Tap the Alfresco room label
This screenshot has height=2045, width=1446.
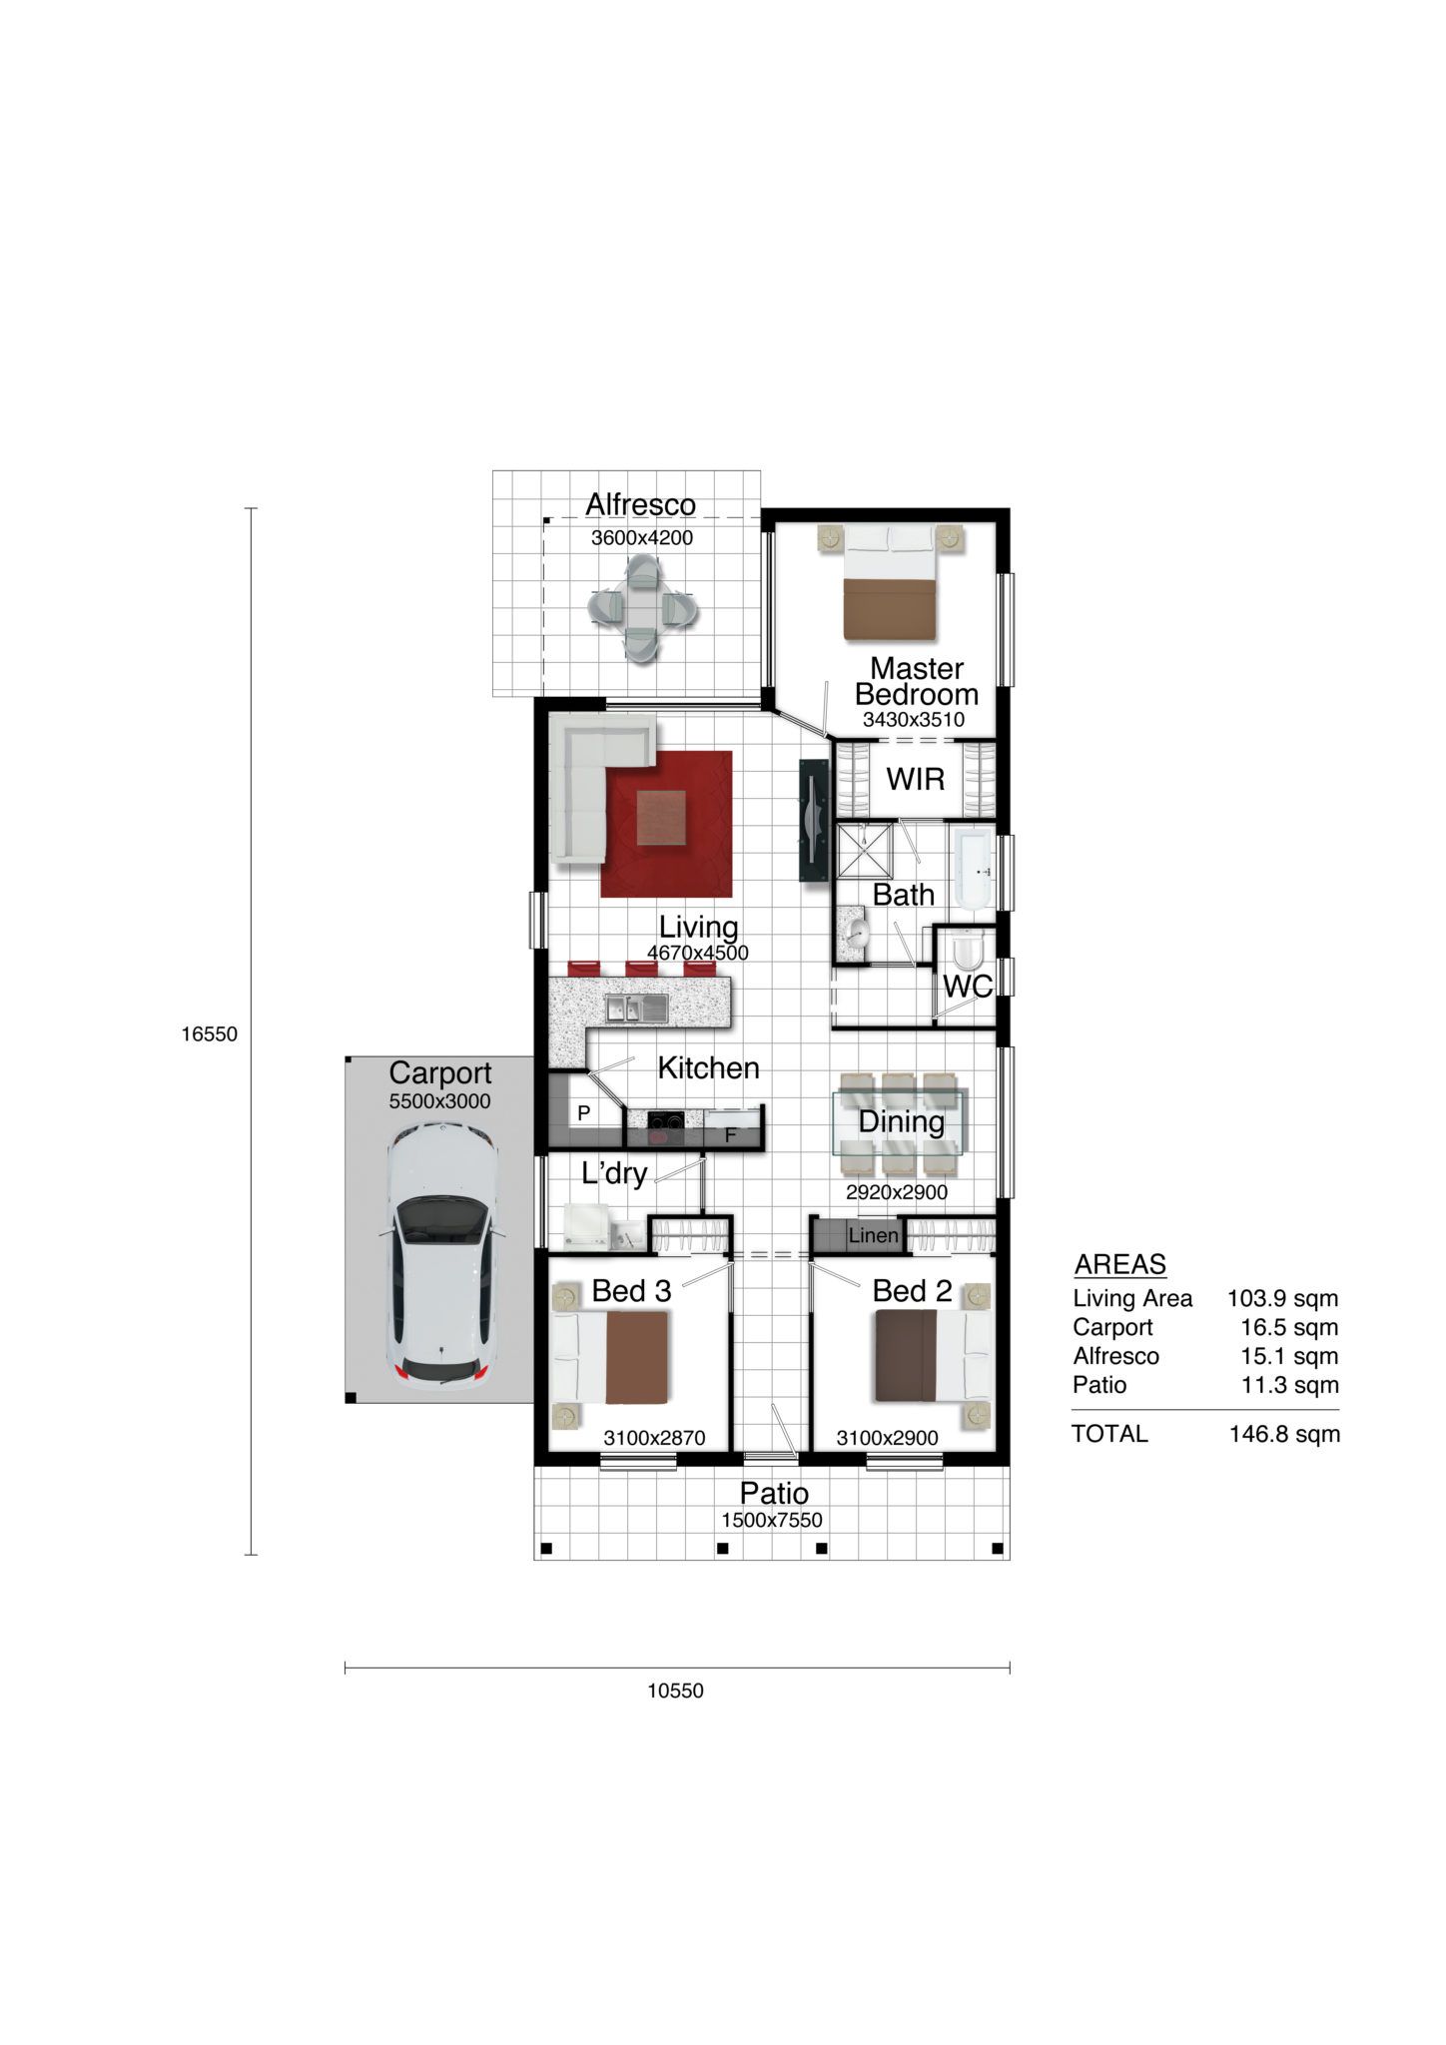pos(640,505)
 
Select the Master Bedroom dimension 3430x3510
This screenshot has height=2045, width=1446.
pos(914,720)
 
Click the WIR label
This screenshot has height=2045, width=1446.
pos(916,779)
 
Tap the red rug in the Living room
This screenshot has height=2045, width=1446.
pos(666,824)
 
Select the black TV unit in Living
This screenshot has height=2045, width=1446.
pos(814,820)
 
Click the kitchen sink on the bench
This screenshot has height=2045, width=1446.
pos(636,1010)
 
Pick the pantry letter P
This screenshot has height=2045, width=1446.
pos(584,1112)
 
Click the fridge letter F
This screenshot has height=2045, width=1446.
pos(730,1135)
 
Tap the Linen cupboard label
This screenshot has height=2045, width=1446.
pos(874,1236)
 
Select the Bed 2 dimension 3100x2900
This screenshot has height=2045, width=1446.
pos(888,1439)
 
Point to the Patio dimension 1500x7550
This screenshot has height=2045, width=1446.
pos(772,1521)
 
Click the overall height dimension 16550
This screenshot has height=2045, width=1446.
pos(210,1034)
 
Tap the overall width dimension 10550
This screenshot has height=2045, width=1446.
pos(676,1691)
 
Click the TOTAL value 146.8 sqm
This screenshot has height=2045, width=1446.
pos(1285,1435)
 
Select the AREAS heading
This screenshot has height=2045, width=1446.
pos(1120,1265)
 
